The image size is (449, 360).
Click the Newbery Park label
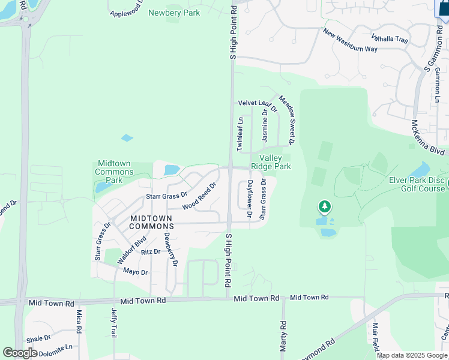pyautogui.click(x=173, y=13)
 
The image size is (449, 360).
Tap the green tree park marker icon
pyautogui.click(x=325, y=208)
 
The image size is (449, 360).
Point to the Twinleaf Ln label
pyautogui.click(x=240, y=134)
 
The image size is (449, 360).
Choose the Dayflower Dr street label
pyautogui.click(x=250, y=198)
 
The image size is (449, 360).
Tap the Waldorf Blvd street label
pyautogui.click(x=132, y=250)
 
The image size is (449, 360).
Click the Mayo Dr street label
pyautogui.click(x=135, y=272)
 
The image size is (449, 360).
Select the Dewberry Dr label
pyautogui.click(x=171, y=248)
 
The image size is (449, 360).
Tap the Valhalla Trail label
pyautogui.click(x=390, y=40)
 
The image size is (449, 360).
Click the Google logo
pyautogui.click(x=20, y=353)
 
